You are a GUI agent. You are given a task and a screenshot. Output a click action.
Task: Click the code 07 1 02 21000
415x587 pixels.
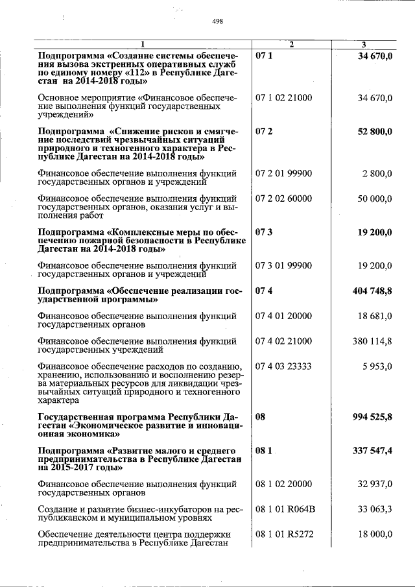point(283,98)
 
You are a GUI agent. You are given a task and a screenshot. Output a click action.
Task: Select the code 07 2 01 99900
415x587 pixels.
point(283,173)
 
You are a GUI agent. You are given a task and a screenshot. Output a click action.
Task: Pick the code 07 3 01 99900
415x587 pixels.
point(283,265)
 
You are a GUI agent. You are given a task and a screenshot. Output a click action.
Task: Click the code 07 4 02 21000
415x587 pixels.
point(283,341)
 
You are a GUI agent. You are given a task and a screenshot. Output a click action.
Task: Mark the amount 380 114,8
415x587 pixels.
point(372,341)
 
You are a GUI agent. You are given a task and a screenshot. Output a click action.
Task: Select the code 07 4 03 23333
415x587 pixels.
point(283,366)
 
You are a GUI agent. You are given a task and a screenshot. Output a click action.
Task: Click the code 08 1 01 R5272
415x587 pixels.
point(285,534)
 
